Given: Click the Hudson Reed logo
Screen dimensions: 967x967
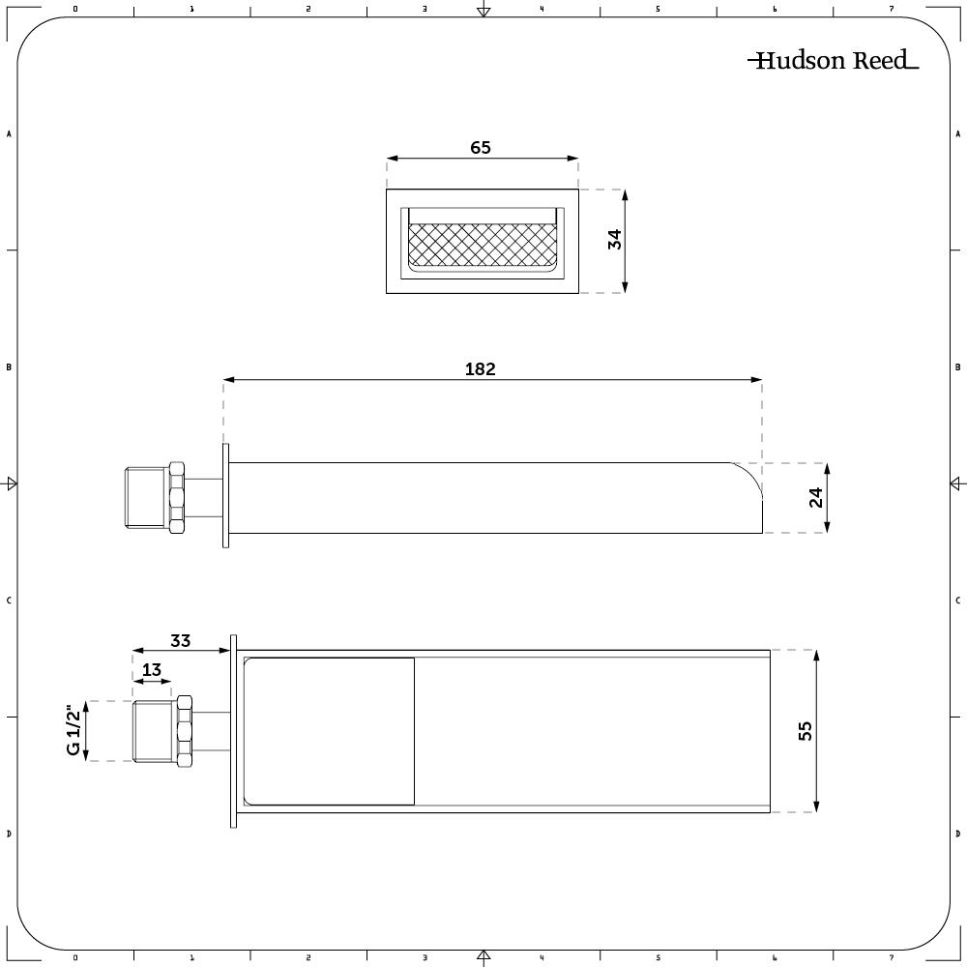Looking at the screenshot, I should (x=833, y=61).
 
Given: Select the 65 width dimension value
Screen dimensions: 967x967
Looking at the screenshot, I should (x=481, y=148).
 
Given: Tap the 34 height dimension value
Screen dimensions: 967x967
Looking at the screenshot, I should (x=614, y=239).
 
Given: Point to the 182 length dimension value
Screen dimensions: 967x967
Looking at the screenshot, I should (x=480, y=368).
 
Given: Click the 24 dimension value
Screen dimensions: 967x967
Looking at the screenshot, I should (x=816, y=497).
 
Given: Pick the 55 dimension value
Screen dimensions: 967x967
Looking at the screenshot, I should (x=806, y=730).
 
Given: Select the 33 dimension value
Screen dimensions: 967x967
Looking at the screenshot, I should (x=180, y=640).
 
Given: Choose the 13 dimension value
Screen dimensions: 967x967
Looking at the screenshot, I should (x=151, y=670).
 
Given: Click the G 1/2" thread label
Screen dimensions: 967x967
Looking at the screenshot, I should (x=73, y=730).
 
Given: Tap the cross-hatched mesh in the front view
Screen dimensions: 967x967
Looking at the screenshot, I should (x=483, y=246).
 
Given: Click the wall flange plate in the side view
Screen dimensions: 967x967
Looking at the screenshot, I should (x=226, y=496).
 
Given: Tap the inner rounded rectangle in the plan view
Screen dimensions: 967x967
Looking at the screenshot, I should (x=329, y=731).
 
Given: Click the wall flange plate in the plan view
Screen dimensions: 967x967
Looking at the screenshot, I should (x=233, y=731).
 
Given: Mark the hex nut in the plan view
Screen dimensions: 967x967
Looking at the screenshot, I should (x=184, y=730).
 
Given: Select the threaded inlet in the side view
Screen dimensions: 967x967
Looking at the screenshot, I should (x=146, y=497).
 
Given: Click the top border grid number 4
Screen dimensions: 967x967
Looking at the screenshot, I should (x=542, y=9).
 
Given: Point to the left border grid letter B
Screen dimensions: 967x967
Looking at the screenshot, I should (x=9, y=367).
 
